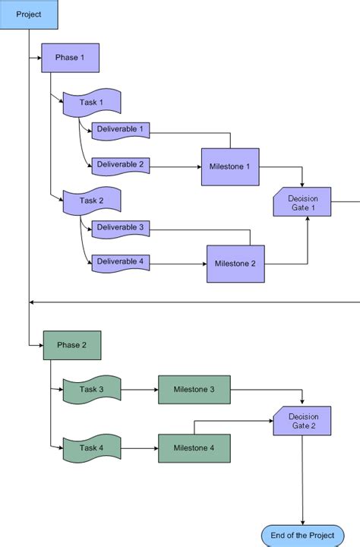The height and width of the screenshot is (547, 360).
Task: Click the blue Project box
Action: click(x=28, y=14)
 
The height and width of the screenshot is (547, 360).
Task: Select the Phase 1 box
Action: click(x=70, y=58)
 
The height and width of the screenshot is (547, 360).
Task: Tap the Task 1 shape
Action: click(x=91, y=103)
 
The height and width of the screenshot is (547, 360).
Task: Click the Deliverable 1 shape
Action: click(x=120, y=130)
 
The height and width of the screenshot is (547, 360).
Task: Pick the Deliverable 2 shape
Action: click(x=120, y=164)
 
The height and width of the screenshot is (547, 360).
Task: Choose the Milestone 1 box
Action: click(x=230, y=166)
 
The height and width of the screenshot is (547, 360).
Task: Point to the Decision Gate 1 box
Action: click(x=302, y=203)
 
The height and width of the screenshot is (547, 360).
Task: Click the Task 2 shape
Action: click(x=91, y=201)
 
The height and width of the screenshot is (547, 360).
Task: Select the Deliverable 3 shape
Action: click(x=120, y=228)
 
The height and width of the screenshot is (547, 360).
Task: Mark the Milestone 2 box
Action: click(x=235, y=264)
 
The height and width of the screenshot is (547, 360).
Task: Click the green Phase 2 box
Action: click(x=71, y=345)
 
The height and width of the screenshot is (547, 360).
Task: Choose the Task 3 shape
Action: click(x=91, y=390)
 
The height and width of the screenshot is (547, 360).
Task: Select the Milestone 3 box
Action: click(x=194, y=390)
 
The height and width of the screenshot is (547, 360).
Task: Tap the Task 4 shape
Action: click(x=91, y=448)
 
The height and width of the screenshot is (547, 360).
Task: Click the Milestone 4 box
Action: click(x=194, y=448)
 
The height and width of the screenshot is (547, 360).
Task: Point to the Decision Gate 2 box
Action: click(x=302, y=420)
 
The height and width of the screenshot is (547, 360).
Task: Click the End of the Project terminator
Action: click(x=302, y=536)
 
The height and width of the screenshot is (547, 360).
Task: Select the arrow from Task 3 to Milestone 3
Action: click(x=140, y=390)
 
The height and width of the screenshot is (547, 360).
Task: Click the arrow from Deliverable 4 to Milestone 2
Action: click(x=178, y=264)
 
